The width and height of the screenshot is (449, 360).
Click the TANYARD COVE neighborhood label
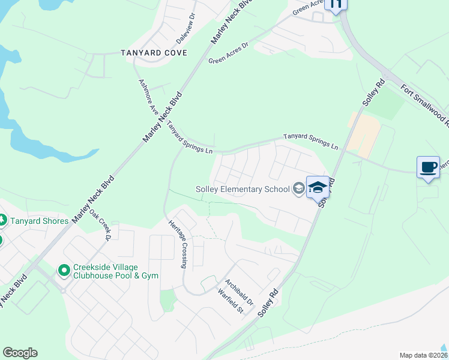coord(153,53)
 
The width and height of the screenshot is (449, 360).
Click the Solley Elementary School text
coord(243,189)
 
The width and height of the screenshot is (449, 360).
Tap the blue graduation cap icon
coord(318,187)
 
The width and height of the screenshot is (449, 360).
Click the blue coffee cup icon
coord(428,167)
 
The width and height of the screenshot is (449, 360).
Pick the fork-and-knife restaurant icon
coord(336,4)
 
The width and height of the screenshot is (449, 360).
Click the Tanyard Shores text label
coord(39,221)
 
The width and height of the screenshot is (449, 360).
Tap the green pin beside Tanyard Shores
coord(1,221)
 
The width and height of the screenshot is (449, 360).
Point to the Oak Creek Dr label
coord(100,224)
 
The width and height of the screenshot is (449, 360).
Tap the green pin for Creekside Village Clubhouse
coord(64,271)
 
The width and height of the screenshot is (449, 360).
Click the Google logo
coord(20,353)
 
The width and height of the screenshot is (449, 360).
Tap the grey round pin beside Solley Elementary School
coord(298,189)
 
